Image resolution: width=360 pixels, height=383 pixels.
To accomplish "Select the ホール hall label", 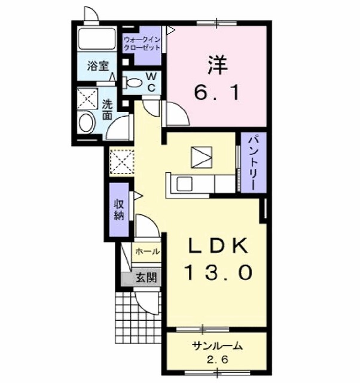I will pyautogui.click(x=147, y=252).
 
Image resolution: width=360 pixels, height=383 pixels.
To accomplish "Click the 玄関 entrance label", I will pyautogui.click(x=145, y=277).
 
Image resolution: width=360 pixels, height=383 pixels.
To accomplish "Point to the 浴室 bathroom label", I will pyautogui.click(x=96, y=66).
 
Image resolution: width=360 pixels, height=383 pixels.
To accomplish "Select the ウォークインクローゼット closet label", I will pyautogui.click(x=142, y=44).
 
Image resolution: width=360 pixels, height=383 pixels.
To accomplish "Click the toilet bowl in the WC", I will pyautogui.click(x=134, y=84).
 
